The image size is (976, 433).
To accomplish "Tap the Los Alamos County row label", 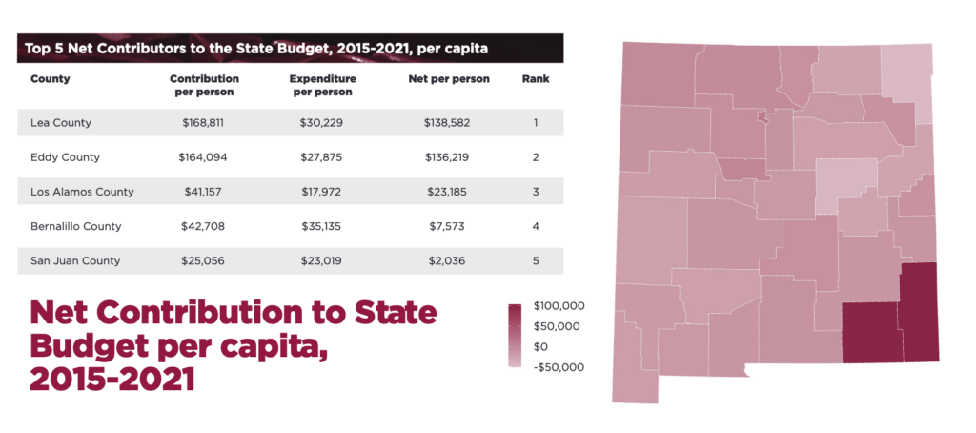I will pos(82,192).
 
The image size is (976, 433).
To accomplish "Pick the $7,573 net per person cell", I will pos(447,226).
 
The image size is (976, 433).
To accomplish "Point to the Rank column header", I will pos(536,79).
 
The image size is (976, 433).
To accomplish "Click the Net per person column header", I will pos(448,79).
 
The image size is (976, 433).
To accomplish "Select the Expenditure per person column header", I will pos(322,86).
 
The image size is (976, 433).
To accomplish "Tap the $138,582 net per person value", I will pos(447,123).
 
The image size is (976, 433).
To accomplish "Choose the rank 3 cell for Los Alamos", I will pos(536,192).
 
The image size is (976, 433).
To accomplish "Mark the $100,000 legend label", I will pos(559,306).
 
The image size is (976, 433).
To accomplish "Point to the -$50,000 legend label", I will pos(559,367).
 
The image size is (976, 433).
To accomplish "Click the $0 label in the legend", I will pos(540,346).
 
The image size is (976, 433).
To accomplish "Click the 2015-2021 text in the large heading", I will pos(112,379).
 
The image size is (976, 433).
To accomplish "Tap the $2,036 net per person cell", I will pos(447,260).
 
